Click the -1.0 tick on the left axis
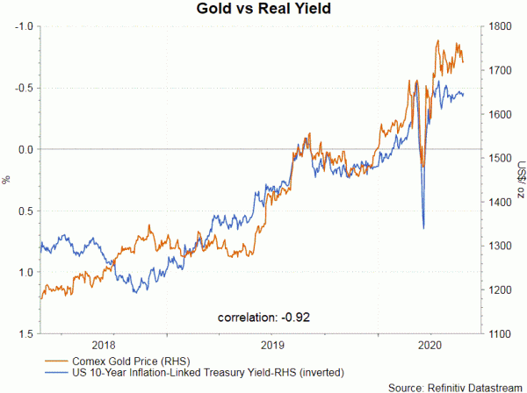point(24,26)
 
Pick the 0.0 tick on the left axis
point(25,149)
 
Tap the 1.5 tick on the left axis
point(25,334)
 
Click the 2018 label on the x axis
point(104,346)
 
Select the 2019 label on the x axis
point(271,346)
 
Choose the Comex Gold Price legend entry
point(133,360)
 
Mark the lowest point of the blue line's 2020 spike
point(424,228)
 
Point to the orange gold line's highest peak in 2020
point(437,40)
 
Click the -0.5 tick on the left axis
point(24,88)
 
